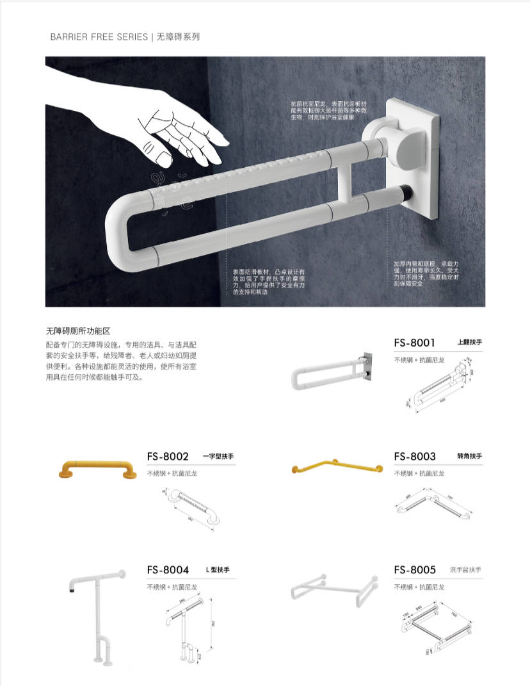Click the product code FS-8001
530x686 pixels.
414,343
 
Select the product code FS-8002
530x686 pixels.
168,457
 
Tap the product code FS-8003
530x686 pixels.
415,457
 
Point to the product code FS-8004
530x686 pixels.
168,570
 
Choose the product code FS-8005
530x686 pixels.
415,570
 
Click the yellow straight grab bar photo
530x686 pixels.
97,468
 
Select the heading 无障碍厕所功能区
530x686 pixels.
78,331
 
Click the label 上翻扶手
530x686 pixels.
469,343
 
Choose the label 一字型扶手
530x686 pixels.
218,457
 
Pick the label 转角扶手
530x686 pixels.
469,457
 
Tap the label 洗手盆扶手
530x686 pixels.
465,570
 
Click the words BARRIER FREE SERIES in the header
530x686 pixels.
99,37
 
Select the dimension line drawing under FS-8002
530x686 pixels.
189,507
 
